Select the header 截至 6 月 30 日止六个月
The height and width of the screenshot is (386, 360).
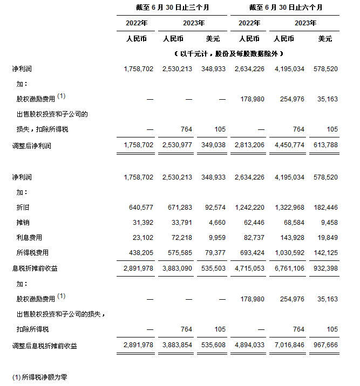(286, 8)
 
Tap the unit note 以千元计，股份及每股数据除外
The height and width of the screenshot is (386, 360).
(229, 54)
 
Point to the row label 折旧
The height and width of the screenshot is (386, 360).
(24, 208)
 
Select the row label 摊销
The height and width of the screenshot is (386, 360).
(24, 222)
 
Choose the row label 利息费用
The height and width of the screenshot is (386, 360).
(29, 237)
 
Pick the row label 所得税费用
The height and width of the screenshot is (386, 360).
(32, 252)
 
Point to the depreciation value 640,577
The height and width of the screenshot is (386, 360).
(141, 208)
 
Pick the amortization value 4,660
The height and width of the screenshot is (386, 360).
(216, 222)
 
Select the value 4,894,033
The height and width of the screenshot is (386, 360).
(249, 346)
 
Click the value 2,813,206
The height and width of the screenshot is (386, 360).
(249, 146)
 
